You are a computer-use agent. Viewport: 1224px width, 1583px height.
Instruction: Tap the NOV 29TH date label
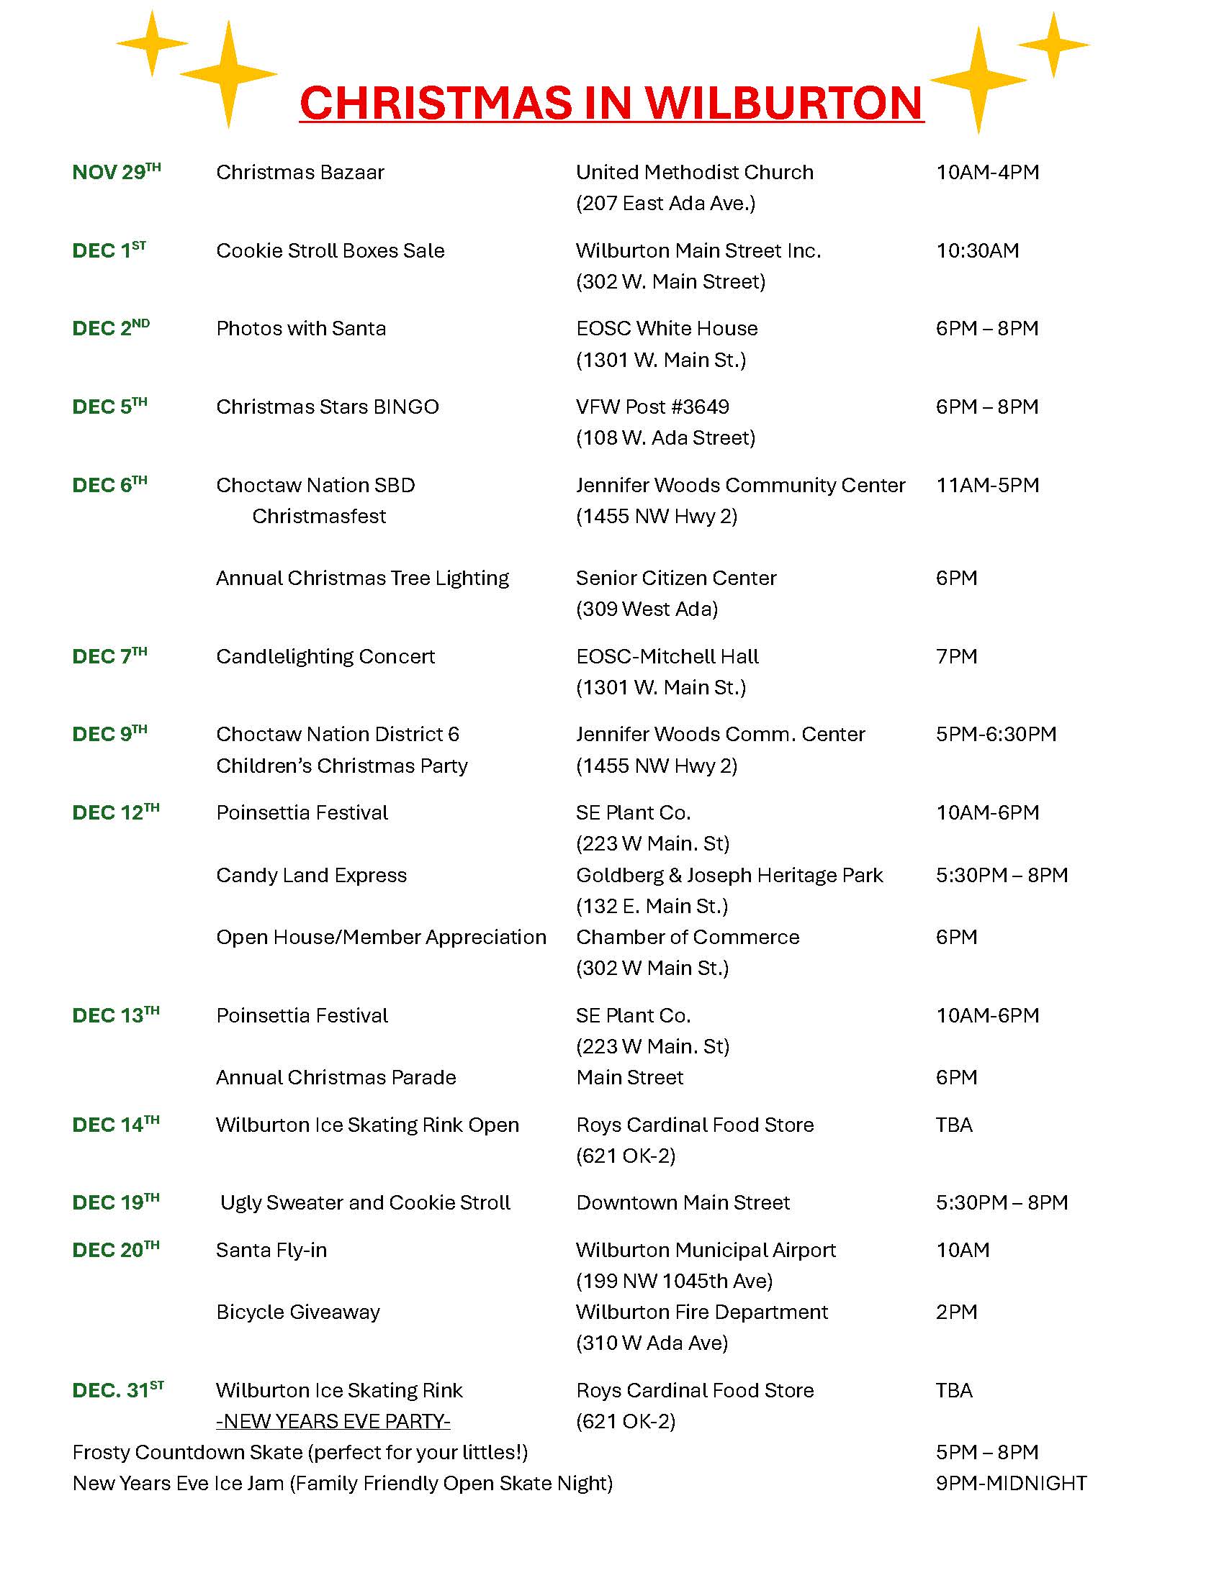click(x=116, y=173)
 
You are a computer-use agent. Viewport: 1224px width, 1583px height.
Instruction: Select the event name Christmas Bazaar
click(x=300, y=173)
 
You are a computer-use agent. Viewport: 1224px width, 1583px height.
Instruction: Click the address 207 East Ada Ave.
click(x=665, y=204)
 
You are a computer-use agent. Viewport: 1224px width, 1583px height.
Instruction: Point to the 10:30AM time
click(x=977, y=251)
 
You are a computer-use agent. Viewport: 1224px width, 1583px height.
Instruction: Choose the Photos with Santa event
click(x=300, y=329)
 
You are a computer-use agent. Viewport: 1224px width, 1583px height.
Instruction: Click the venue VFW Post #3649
click(x=652, y=407)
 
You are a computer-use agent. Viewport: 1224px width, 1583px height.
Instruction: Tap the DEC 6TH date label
click(x=109, y=485)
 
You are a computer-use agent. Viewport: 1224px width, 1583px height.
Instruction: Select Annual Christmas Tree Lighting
click(x=362, y=579)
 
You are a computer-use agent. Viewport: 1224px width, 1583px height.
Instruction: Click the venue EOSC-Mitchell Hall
click(x=667, y=657)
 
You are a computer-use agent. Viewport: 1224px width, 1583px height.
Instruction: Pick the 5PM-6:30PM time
click(x=996, y=734)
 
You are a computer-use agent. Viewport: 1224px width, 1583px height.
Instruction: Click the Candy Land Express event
click(x=311, y=876)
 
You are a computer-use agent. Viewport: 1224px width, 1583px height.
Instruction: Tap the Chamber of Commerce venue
click(x=687, y=937)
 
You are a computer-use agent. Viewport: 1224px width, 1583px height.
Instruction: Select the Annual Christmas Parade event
click(x=336, y=1078)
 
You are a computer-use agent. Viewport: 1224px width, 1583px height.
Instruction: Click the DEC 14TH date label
click(x=115, y=1125)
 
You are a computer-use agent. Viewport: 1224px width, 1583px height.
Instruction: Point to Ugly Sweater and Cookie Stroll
click(x=366, y=1203)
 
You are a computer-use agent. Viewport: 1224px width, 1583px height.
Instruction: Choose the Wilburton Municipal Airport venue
click(x=706, y=1251)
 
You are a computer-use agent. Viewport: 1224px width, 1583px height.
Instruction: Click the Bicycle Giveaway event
click(x=297, y=1312)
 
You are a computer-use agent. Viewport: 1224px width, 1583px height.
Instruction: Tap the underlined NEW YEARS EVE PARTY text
click(x=333, y=1422)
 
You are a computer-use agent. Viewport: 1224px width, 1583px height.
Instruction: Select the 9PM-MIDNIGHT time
click(x=1011, y=1484)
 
